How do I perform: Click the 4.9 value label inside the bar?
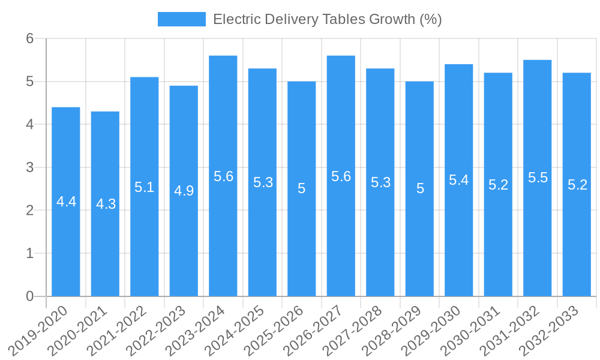[x=184, y=191]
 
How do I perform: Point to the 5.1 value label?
[x=145, y=187]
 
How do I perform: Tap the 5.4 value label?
[x=459, y=180]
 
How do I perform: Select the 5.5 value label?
[x=538, y=178]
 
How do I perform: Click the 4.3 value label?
[x=106, y=204]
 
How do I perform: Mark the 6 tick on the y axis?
[x=30, y=38]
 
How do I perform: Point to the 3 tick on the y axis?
[x=30, y=167]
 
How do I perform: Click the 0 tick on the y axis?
[x=30, y=296]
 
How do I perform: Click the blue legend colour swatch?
[x=181, y=19]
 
